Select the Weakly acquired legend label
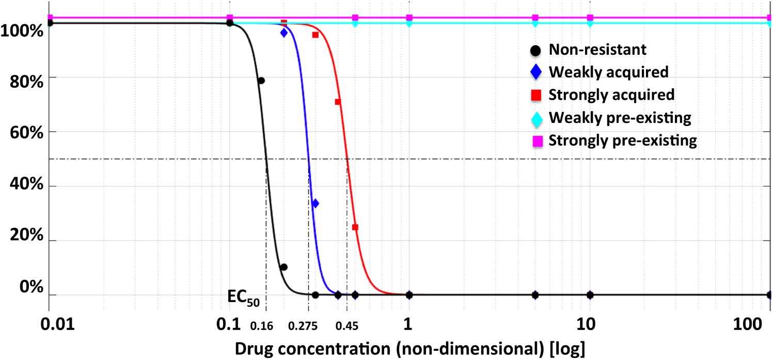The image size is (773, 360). pos(609,72)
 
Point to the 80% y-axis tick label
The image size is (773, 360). pos(26,82)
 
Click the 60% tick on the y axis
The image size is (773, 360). pos(26,133)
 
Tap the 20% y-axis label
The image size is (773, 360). pos(26,235)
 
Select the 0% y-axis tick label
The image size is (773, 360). pos(31,287)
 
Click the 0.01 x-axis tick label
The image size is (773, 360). pos(58,324)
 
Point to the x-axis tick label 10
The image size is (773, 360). pos(586,324)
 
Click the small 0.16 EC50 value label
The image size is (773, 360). pos(262,325)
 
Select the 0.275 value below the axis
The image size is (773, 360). pos(303,325)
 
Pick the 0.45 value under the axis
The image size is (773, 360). pos(347,325)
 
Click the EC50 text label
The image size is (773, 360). pos(243,298)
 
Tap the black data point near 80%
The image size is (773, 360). pos(261,81)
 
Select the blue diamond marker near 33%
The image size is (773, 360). pos(315,204)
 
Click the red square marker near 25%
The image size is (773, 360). pos(355,227)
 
